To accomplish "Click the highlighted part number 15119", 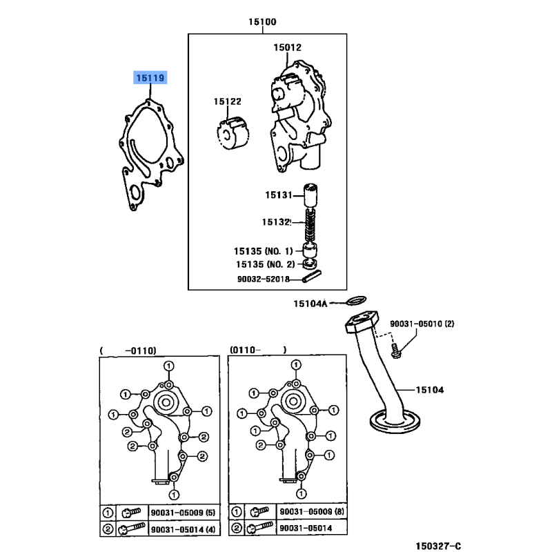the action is (x=150, y=78).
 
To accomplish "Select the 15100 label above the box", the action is (x=262, y=22).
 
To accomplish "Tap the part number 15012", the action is (x=287, y=48).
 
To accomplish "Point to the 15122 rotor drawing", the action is (x=233, y=134).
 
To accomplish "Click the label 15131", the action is (x=279, y=195).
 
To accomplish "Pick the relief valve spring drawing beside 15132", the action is (x=310, y=226).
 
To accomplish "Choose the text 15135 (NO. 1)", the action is (x=263, y=251).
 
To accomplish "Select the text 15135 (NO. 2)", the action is (x=265, y=264).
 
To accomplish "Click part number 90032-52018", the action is (x=263, y=279).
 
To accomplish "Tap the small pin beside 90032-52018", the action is (x=312, y=275).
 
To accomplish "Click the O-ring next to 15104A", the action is (x=356, y=301).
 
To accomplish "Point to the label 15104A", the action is (x=310, y=304).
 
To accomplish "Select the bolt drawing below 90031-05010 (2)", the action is (x=396, y=351).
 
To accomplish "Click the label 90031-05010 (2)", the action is (x=422, y=324).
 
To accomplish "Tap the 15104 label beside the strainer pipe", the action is (x=429, y=390).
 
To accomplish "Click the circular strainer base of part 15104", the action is (x=395, y=422).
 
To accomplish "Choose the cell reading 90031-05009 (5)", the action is (x=183, y=513).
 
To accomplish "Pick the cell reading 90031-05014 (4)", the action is (x=183, y=529).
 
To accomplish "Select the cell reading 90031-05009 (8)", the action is (x=312, y=511).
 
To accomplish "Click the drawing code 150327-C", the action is (x=438, y=546).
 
